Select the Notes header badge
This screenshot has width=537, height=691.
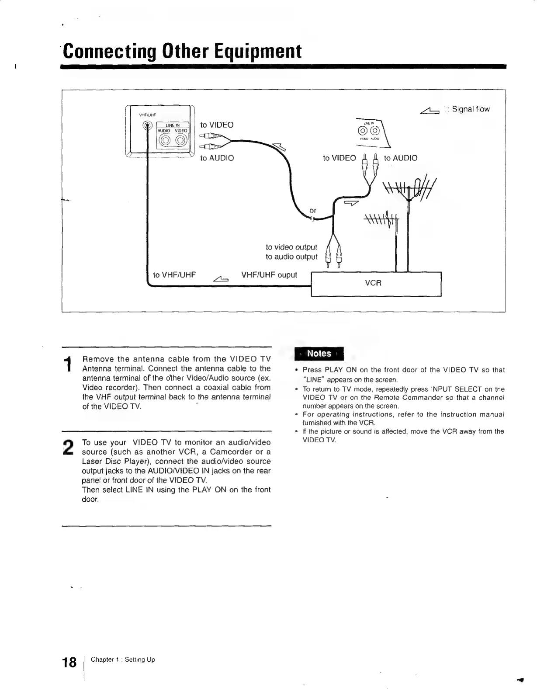(x=319, y=354)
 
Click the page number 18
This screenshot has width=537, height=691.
(x=69, y=663)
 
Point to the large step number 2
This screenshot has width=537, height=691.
(x=68, y=447)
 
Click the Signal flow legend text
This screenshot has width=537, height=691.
(x=471, y=109)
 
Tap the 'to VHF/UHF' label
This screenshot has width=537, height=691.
(x=174, y=275)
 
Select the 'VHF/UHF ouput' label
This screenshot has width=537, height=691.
(x=269, y=275)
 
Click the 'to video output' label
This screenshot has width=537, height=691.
(x=291, y=247)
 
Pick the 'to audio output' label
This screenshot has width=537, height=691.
(x=291, y=257)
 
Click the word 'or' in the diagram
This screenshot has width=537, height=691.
(x=313, y=211)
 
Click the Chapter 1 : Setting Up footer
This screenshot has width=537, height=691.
(x=123, y=660)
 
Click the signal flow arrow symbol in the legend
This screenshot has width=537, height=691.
(x=430, y=111)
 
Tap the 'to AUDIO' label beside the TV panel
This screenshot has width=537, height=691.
(x=217, y=158)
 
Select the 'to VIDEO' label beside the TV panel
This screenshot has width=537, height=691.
(x=217, y=125)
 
